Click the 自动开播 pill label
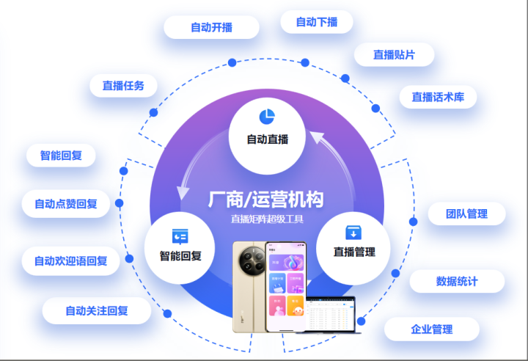click(211, 27)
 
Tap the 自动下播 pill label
click(317, 22)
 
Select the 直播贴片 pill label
click(394, 54)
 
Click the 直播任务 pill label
click(123, 86)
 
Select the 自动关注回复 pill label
click(96, 310)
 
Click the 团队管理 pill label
click(466, 214)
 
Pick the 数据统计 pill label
click(456, 281)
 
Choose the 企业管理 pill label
click(431, 329)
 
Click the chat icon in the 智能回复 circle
click(180, 236)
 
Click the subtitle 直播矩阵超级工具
click(266, 219)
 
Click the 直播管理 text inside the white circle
click(354, 252)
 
